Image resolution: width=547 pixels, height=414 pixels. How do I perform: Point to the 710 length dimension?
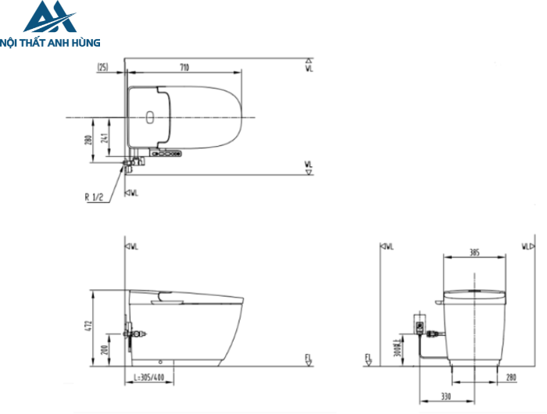[184, 68]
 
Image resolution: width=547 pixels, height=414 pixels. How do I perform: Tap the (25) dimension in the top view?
[103, 68]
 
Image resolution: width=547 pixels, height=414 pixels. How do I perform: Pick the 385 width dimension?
[474, 252]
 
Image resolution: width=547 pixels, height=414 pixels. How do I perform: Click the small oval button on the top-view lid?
[149, 118]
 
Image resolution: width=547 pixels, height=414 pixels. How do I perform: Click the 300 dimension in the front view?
[398, 347]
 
